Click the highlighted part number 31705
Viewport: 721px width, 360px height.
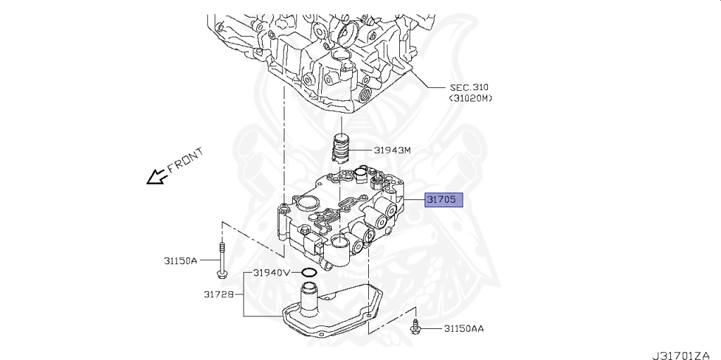pos(444,200)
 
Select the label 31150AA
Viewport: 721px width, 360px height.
pos(463,328)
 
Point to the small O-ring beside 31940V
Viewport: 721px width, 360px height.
pos(308,272)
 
